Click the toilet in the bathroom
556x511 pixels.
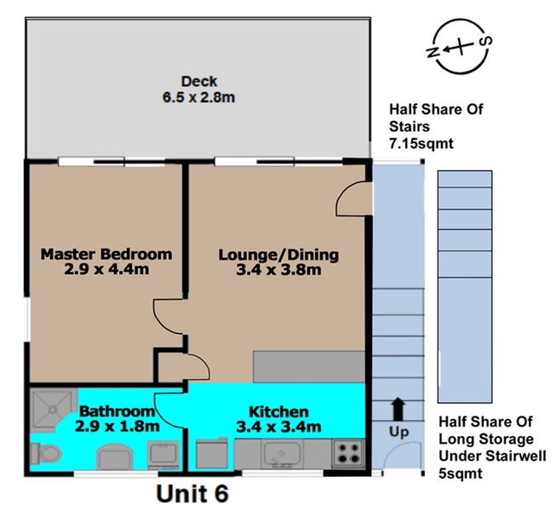point(46,454)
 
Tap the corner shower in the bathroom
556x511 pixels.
point(53,411)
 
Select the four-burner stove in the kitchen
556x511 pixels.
point(348,453)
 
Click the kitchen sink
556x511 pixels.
point(282,454)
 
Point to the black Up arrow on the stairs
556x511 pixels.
point(398,409)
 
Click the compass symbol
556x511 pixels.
point(460,47)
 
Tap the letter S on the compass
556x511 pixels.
point(485,42)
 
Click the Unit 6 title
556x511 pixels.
point(192,493)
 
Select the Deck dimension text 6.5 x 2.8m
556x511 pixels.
point(198,97)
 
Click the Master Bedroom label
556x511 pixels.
point(106,254)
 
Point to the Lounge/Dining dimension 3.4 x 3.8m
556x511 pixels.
point(278,269)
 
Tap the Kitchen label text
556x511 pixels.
point(278,411)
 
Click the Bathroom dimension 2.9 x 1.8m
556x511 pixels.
point(118,426)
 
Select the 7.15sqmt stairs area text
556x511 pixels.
point(421,144)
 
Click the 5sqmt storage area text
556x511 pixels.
point(461,474)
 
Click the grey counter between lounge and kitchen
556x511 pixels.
point(309,367)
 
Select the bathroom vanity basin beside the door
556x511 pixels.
point(163,455)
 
